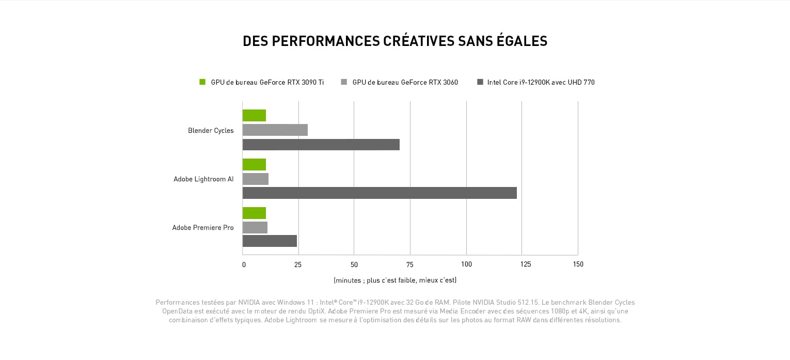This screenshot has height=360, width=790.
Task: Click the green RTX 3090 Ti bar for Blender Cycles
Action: tap(254, 115)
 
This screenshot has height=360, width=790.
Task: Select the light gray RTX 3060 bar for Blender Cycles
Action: tap(275, 130)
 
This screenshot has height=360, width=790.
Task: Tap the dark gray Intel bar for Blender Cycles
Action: tap(321, 144)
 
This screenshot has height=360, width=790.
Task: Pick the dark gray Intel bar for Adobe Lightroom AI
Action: tap(380, 193)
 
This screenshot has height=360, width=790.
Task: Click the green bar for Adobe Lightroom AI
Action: tap(254, 164)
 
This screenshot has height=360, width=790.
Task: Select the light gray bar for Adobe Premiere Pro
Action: tap(255, 227)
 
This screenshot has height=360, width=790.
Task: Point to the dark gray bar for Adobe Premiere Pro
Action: tap(270, 241)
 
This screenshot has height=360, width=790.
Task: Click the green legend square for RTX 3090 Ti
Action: tap(202, 82)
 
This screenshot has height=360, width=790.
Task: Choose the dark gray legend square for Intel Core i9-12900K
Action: tap(480, 82)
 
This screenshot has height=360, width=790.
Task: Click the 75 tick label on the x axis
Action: tap(409, 264)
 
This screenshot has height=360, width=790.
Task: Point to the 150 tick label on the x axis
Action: tap(578, 264)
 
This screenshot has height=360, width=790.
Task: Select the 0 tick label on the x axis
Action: tap(244, 264)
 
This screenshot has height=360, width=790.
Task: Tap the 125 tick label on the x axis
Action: tap(526, 264)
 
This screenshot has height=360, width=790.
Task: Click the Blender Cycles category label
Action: tap(211, 131)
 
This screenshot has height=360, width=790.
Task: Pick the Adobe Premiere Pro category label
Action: tap(203, 228)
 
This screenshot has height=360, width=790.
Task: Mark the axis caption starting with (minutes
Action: tap(395, 280)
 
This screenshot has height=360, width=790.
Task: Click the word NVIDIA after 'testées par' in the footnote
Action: tap(249, 303)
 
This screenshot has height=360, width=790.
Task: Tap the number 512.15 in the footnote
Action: tap(528, 303)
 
